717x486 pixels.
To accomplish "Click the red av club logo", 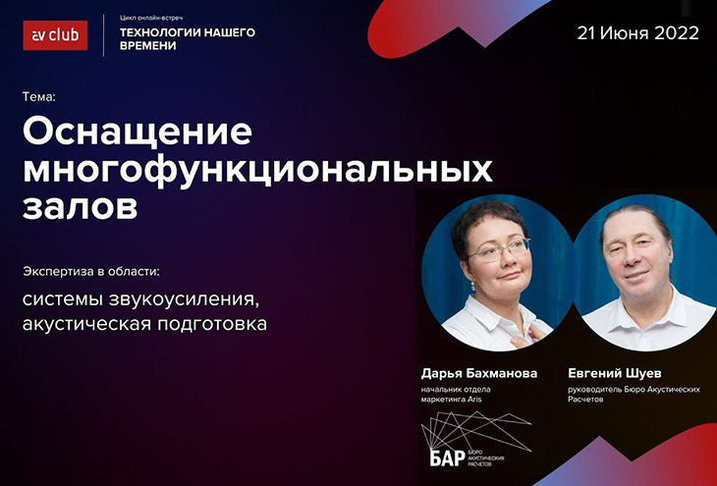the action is tap(55, 35).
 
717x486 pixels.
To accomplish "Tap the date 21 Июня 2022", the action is tap(637, 33).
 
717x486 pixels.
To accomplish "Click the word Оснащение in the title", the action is tap(138, 132).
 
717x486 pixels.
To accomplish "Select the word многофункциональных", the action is tap(257, 171).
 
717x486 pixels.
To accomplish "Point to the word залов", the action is tap(80, 207).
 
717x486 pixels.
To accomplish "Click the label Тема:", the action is tap(39, 97).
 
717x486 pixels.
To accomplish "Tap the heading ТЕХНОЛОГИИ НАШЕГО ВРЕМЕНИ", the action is tap(188, 39).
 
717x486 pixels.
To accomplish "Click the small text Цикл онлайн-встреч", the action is tap(151, 18).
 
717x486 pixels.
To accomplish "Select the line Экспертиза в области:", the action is tap(91, 272).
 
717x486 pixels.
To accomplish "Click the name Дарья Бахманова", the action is tap(479, 373).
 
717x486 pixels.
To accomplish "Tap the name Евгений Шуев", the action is tap(615, 373).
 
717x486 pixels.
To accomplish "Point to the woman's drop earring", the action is tap(472, 286).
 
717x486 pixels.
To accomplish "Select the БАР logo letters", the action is tap(447, 458).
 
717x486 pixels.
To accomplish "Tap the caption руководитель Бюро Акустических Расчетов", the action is tap(634, 395).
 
